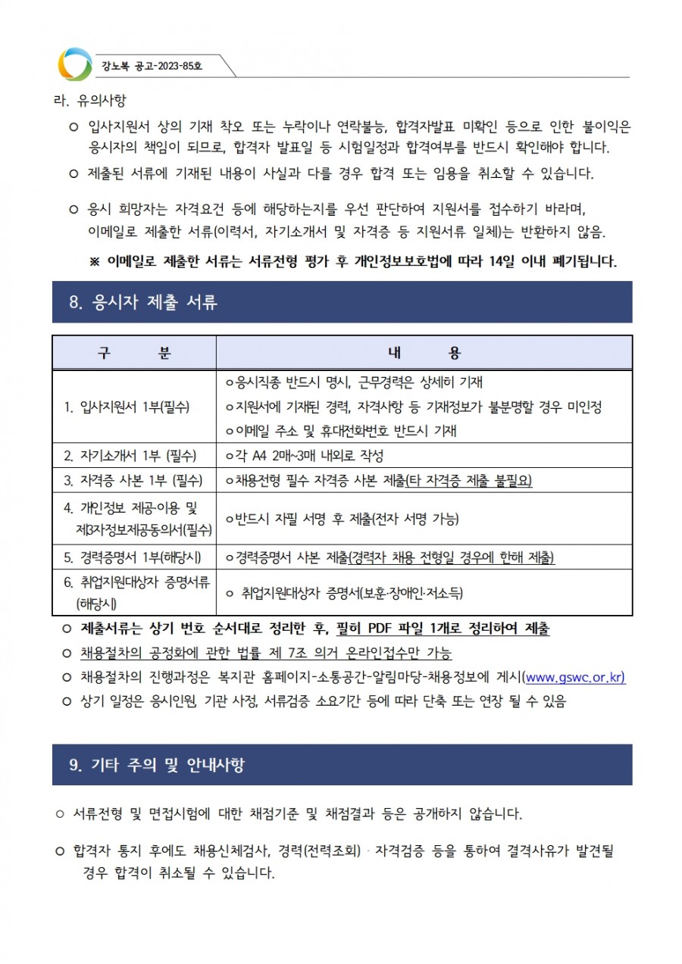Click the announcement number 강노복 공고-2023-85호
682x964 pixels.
[x=152, y=66]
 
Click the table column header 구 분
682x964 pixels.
[x=134, y=352]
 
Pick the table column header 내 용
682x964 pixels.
[x=424, y=352]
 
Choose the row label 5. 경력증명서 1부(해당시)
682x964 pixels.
[x=132, y=557]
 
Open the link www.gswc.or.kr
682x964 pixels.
[x=575, y=677]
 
